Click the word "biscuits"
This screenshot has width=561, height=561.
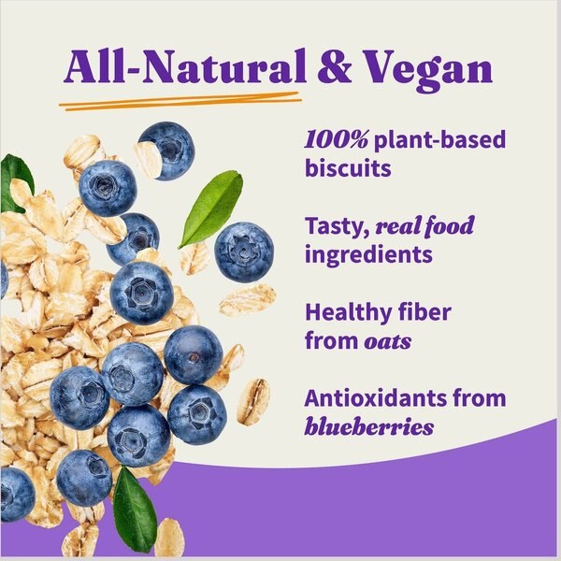[348, 170]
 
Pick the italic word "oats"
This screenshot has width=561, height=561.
[387, 341]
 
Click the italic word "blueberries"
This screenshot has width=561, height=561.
[369, 427]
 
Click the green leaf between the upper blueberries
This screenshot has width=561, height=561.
[211, 208]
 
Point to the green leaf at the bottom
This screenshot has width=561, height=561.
[135, 509]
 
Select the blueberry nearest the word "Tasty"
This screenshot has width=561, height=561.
[243, 252]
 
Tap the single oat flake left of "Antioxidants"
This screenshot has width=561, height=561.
[252, 402]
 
